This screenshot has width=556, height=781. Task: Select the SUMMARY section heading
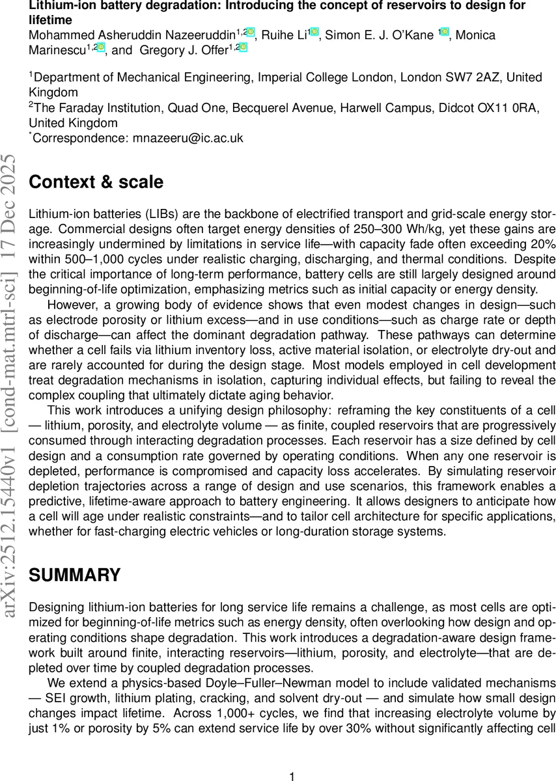pyautogui.click(x=75, y=575)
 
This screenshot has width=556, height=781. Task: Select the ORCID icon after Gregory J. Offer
pyautogui.click(x=243, y=48)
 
